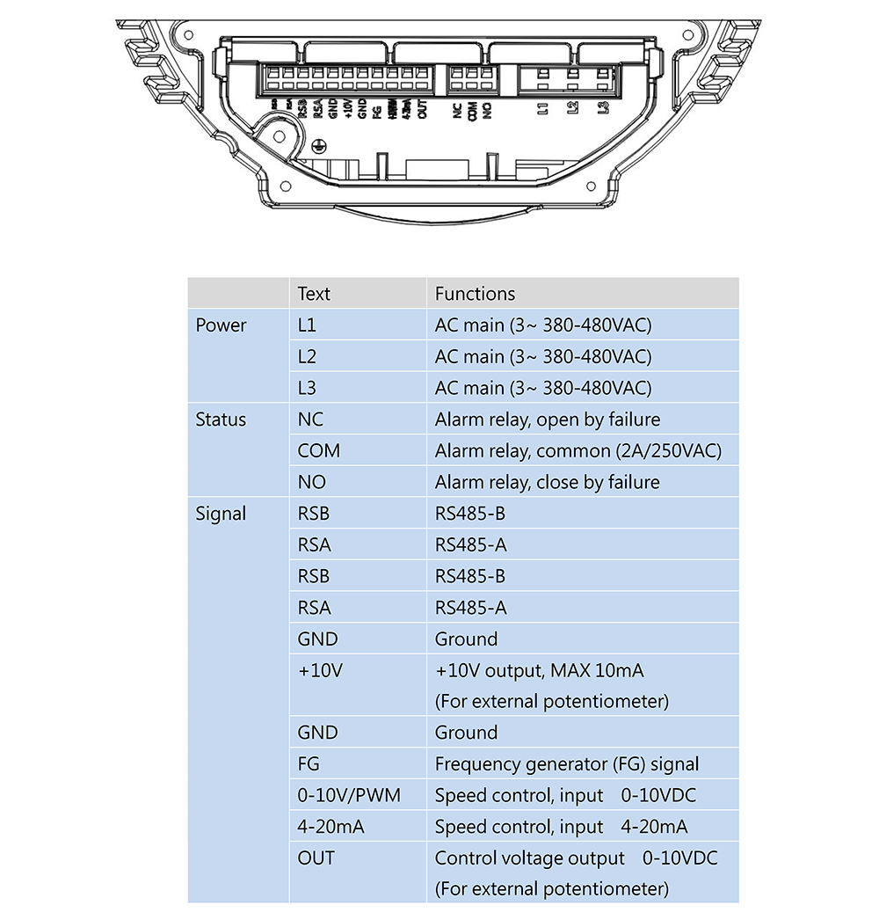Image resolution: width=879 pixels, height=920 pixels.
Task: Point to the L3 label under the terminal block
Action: click(x=603, y=109)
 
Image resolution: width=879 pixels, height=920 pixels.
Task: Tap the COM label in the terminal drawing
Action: click(x=472, y=111)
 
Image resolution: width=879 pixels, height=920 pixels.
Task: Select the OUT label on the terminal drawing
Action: click(x=423, y=111)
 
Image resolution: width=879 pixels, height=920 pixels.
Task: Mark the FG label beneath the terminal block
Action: click(x=376, y=111)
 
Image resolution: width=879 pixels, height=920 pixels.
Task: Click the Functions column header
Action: click(x=475, y=294)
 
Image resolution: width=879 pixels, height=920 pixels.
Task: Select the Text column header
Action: click(x=314, y=294)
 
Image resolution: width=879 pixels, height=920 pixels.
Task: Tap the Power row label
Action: click(x=221, y=325)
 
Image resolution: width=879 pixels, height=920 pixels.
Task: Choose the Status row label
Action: click(x=221, y=420)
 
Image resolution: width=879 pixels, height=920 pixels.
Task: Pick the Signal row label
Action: click(x=221, y=514)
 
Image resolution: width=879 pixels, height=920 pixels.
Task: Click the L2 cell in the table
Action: click(x=307, y=357)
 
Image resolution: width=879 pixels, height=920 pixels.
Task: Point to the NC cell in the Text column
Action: click(x=310, y=420)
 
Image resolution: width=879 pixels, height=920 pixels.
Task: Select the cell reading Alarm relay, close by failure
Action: click(x=547, y=482)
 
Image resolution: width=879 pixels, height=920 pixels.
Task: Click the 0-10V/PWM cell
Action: click(x=349, y=796)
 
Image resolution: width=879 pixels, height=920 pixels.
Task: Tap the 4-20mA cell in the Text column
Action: click(x=331, y=827)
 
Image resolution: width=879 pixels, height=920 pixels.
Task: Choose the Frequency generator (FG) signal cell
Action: click(x=567, y=764)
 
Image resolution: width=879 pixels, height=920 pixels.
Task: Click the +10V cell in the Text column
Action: click(x=320, y=671)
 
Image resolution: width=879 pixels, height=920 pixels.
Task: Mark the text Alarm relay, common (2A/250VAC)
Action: click(x=578, y=451)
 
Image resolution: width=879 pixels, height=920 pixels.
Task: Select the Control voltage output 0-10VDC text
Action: click(x=576, y=858)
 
